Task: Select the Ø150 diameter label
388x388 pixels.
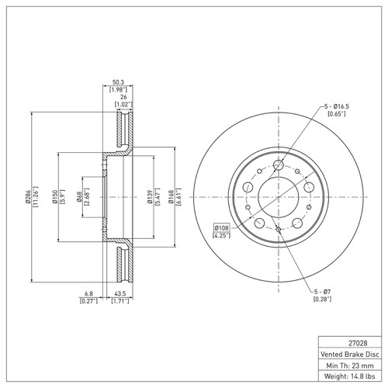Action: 54,198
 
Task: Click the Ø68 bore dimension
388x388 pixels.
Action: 80,198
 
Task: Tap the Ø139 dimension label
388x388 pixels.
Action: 149,198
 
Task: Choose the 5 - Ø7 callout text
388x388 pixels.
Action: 324,291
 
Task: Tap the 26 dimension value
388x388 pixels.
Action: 120,96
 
